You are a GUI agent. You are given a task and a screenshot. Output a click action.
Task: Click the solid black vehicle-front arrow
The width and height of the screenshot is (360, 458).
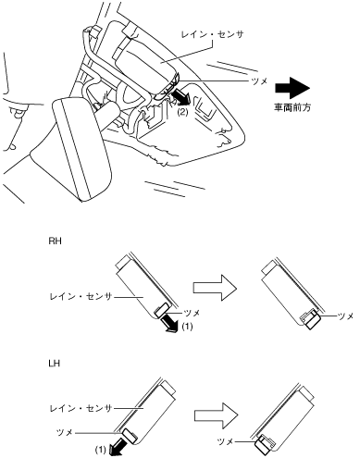pos(292,88)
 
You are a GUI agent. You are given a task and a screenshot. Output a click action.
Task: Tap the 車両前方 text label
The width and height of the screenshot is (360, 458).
pos(292,107)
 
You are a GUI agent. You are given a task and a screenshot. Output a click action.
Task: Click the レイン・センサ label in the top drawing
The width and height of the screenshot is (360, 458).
pos(213,34)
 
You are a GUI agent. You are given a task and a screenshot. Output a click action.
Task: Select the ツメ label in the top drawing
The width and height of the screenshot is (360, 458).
pos(259,81)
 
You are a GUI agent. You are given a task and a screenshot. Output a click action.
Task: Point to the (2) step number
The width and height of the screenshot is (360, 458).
pos(182,113)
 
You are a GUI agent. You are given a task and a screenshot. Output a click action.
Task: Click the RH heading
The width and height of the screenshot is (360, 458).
pos(55,241)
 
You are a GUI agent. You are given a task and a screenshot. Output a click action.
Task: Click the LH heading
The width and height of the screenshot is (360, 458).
pos(55,364)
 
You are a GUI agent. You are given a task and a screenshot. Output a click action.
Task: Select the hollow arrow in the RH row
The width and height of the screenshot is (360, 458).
pos(215,288)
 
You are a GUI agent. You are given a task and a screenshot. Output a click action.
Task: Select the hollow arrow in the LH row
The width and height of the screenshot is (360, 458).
pos(217,415)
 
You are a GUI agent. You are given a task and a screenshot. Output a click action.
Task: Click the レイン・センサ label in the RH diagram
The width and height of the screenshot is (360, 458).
pos(81,297)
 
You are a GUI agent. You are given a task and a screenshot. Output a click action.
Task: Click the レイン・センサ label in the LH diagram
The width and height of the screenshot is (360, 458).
pos(81,409)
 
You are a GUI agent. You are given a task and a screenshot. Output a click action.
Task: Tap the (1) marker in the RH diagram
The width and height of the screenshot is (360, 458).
pos(187,326)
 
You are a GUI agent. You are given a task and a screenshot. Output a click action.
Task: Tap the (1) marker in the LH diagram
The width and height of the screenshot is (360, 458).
pos(100,450)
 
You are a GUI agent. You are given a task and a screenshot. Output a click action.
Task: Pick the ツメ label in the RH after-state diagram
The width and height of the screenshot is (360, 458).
pos(345,316)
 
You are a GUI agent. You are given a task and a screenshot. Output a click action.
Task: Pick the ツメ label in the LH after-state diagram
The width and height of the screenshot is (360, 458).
pos(225,441)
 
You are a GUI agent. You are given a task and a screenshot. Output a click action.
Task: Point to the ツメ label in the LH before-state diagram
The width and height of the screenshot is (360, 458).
pos(65,432)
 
